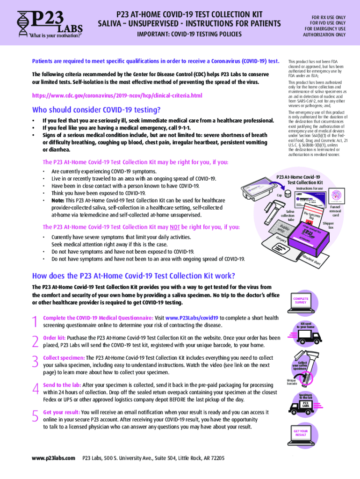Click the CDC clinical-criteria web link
pyautogui.click(x=117, y=95)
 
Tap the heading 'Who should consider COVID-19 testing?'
pyautogui.click(x=96, y=110)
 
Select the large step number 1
pyautogui.click(x=35, y=321)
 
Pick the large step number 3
pyautogui.click(x=35, y=361)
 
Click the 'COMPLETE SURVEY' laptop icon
pyautogui.click(x=301, y=302)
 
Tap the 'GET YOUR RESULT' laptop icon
pyautogui.click(x=301, y=434)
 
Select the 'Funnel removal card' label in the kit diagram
pyautogui.click(x=335, y=210)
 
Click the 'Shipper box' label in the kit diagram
pyautogui.click(x=328, y=225)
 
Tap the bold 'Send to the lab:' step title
pyautogui.click(x=62, y=385)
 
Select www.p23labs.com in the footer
pyautogui.click(x=53, y=458)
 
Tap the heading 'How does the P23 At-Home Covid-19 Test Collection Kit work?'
pyautogui.click(x=133, y=275)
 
